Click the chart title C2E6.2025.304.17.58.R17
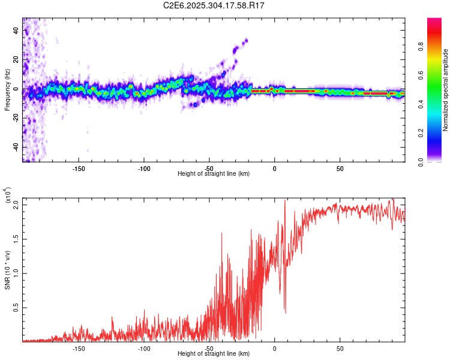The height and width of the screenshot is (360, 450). click(214, 5)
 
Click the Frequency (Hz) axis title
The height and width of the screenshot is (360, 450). click(7, 90)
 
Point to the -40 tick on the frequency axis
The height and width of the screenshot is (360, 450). click(16, 147)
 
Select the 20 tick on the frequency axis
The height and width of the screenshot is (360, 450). click(16, 60)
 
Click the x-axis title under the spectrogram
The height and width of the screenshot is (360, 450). click(214, 174)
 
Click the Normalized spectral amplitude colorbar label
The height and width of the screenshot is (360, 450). click(446, 90)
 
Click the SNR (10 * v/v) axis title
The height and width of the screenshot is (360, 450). click(7, 270)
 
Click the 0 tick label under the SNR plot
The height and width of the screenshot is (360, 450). click(274, 348)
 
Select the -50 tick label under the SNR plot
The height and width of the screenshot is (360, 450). click(209, 348)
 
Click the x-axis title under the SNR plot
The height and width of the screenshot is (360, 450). click(214, 354)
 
